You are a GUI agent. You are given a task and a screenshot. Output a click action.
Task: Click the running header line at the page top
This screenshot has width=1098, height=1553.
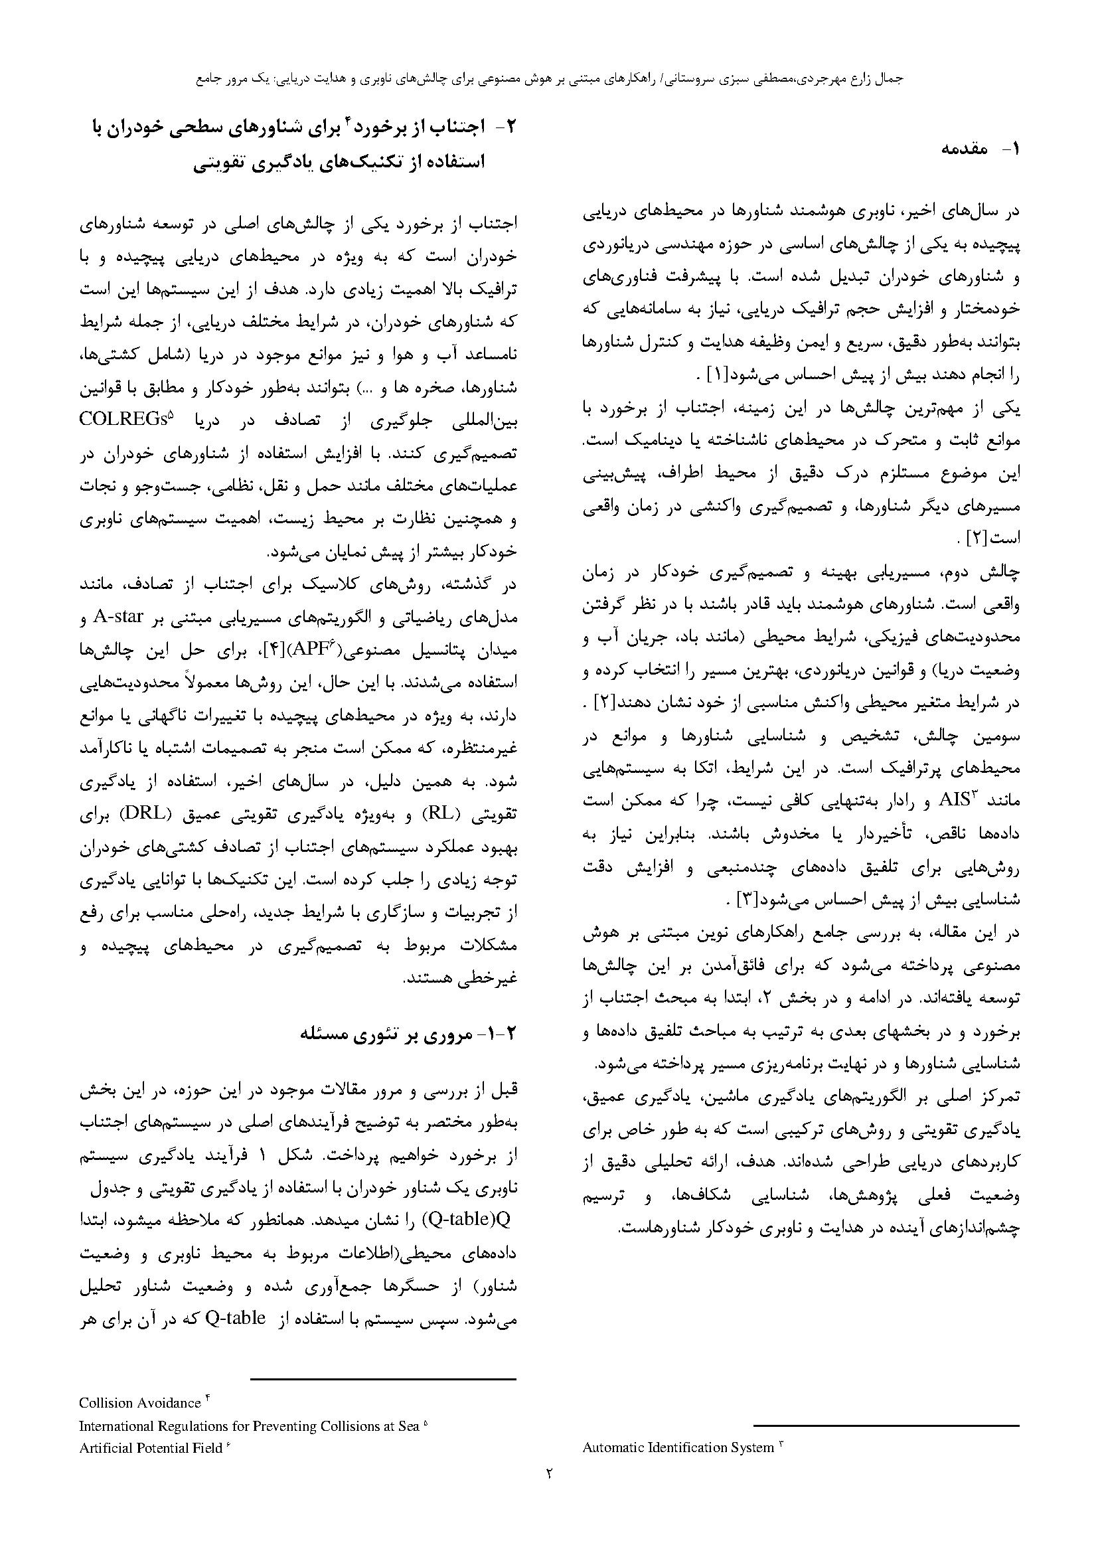[548, 79]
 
